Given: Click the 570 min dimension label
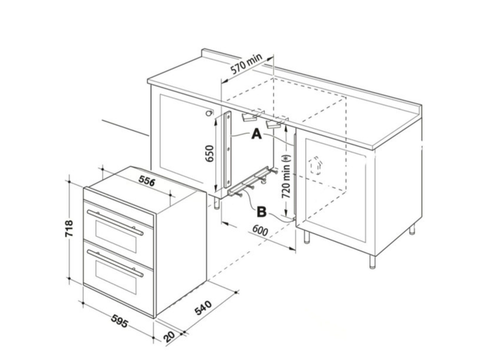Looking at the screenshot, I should [x=247, y=67].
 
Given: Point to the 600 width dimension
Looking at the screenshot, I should [x=259, y=230].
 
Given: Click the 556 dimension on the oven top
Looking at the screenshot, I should [x=140, y=181].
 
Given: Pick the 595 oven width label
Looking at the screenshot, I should [x=119, y=324].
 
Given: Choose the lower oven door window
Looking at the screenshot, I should [x=114, y=277].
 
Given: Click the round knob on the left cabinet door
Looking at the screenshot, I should [x=208, y=113].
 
